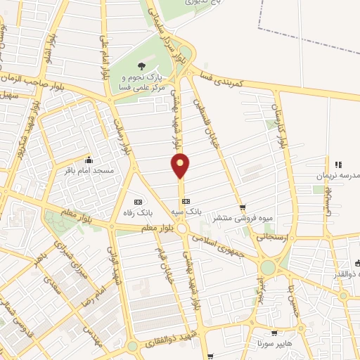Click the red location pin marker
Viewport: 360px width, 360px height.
[181, 165]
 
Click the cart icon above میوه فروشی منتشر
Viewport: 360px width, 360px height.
[243, 207]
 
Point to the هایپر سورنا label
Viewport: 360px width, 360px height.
[274, 345]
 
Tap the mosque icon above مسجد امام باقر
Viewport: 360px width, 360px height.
[89, 159]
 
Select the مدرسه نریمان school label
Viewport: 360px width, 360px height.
[345, 174]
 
